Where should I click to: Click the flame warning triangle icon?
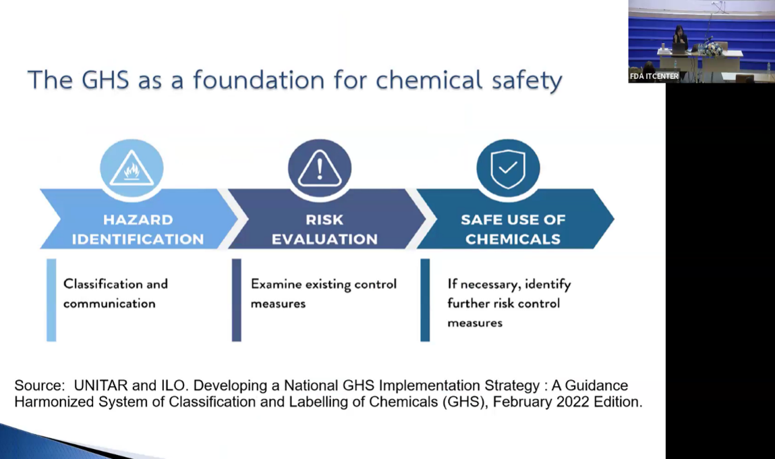[x=132, y=168]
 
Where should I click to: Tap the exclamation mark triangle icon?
[x=320, y=168]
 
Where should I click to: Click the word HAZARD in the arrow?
[x=138, y=219]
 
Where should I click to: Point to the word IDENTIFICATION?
[x=138, y=240]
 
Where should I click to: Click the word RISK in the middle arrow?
[x=324, y=219]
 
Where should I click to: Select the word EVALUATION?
[x=324, y=240]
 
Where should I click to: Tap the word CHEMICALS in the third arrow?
[x=513, y=240]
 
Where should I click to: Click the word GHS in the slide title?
[x=105, y=80]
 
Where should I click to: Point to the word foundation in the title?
[x=258, y=80]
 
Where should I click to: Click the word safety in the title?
[x=527, y=80]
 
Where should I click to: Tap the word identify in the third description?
[x=548, y=284]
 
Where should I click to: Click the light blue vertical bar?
[x=51, y=300]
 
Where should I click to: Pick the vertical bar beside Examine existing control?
[x=237, y=300]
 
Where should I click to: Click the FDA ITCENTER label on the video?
[x=654, y=76]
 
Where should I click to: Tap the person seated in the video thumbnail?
[x=681, y=38]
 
